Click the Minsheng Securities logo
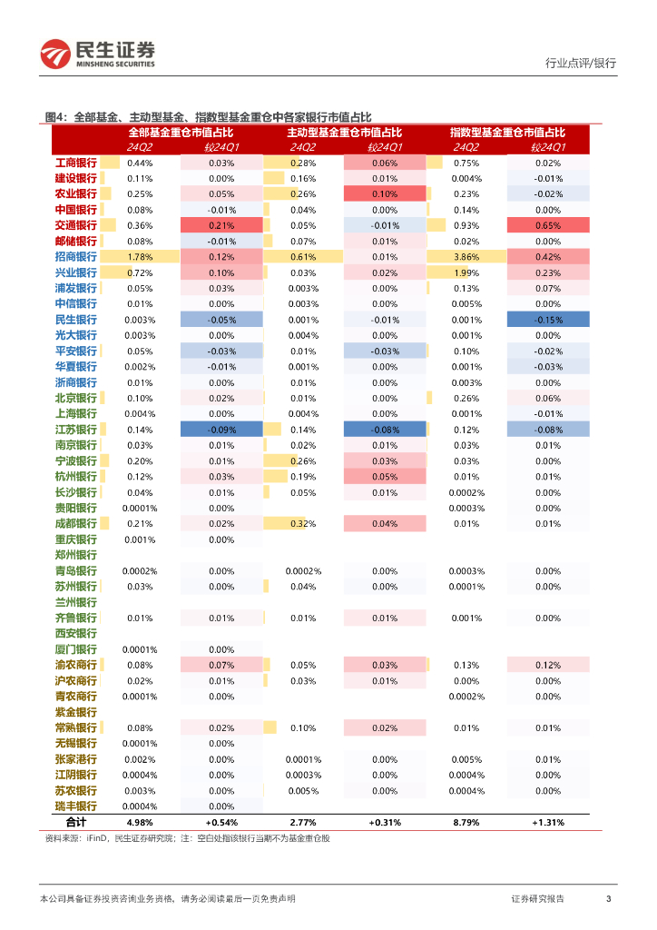pyautogui.click(x=98, y=54)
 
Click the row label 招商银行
pyautogui.click(x=75, y=257)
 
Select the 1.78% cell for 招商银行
pyautogui.click(x=140, y=257)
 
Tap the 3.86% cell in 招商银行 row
pyautogui.click(x=466, y=257)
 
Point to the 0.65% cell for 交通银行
pyautogui.click(x=547, y=225)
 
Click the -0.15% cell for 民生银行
pyautogui.click(x=547, y=320)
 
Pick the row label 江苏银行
pyautogui.click(x=75, y=430)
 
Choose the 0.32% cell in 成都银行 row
pyautogui.click(x=303, y=524)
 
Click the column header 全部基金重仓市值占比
pyautogui.click(x=181, y=133)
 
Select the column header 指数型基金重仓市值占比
pyautogui.click(x=507, y=133)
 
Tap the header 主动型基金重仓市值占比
pyautogui.click(x=344, y=133)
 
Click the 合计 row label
pyautogui.click(x=75, y=822)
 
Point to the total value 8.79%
pyautogui.click(x=466, y=822)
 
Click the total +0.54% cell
pyautogui.click(x=221, y=822)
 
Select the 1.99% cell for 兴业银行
pyautogui.click(x=466, y=272)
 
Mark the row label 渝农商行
pyautogui.click(x=75, y=665)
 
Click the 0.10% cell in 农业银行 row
pyautogui.click(x=385, y=194)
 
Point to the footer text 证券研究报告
pyautogui.click(x=537, y=898)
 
